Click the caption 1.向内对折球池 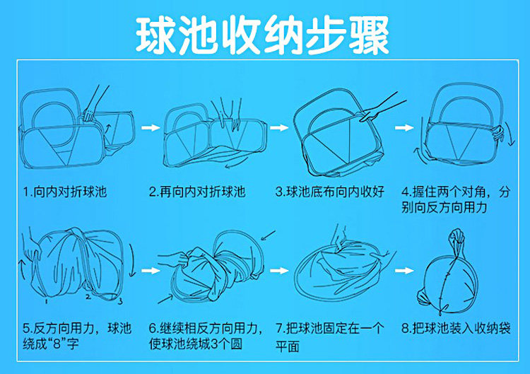(64, 192)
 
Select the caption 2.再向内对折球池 (197, 192)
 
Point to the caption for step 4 (454, 199)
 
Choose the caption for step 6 (206, 337)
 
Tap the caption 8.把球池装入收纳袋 (454, 329)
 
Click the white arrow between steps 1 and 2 (149, 128)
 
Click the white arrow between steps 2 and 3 (278, 128)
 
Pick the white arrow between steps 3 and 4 (404, 128)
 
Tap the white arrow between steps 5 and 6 (149, 271)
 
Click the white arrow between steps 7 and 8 (404, 271)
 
